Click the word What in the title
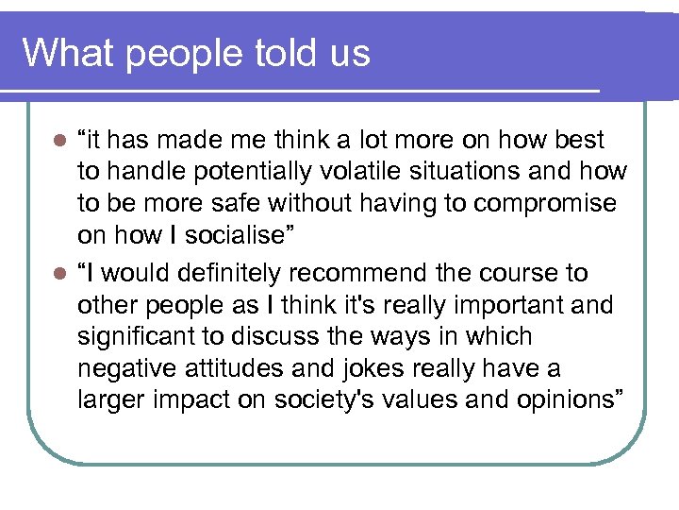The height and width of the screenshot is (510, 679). pyautogui.click(x=67, y=53)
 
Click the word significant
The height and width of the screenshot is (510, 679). pyautogui.click(x=140, y=337)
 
